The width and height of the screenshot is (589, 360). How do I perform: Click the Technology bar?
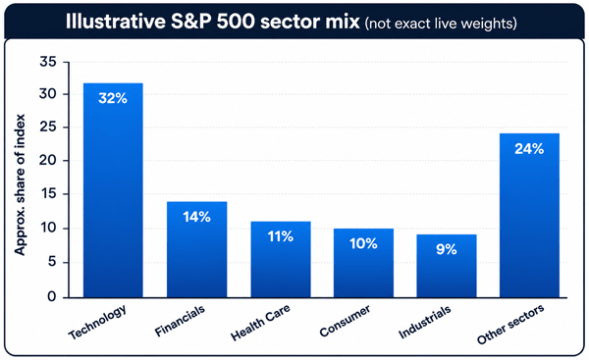tap(113, 190)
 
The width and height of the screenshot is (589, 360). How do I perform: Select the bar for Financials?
tap(197, 249)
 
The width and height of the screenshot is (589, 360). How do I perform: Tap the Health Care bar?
tap(281, 259)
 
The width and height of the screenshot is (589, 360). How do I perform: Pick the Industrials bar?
tap(447, 266)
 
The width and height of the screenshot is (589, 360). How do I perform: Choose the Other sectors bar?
tap(530, 216)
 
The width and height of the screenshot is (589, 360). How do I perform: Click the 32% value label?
tap(113, 98)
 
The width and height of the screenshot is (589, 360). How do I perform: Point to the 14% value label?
tap(197, 217)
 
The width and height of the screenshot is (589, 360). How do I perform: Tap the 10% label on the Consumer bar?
tap(363, 244)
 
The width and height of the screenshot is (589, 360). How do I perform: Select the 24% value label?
tap(529, 149)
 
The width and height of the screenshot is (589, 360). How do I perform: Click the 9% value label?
tap(447, 249)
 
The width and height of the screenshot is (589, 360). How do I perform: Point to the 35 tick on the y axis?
tap(48, 62)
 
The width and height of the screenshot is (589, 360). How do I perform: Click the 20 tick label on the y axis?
tap(48, 161)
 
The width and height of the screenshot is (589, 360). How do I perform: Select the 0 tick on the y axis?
tap(52, 297)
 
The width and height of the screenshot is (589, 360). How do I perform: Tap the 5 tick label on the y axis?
tap(52, 262)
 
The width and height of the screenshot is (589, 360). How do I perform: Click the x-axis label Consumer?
tap(345, 321)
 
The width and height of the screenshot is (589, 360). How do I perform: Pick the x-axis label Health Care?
tap(260, 323)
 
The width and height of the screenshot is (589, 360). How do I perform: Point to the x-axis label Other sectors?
tap(510, 325)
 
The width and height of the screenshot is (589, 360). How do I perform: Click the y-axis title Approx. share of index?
tap(20, 184)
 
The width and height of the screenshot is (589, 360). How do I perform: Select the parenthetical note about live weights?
tap(441, 24)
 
